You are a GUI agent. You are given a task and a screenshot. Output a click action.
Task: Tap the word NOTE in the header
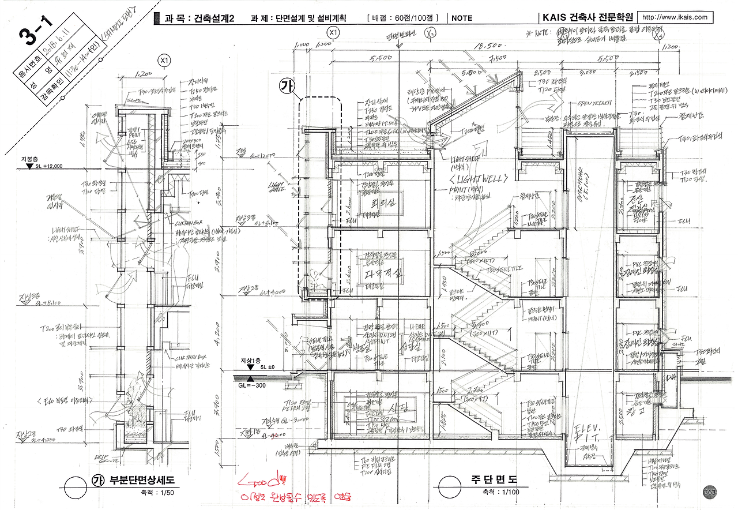click(x=462, y=18)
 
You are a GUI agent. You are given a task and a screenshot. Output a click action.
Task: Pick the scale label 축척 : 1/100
click(x=498, y=492)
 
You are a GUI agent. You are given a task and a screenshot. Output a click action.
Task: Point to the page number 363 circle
click(x=710, y=492)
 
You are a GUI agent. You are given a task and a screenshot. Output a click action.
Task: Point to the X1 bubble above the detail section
click(x=165, y=60)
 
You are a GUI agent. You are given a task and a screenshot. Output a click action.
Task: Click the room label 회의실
click(x=372, y=204)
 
